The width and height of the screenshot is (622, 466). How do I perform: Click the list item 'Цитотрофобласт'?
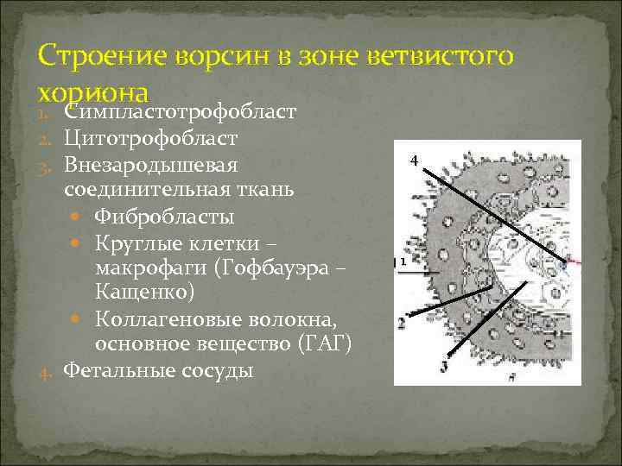(151, 138)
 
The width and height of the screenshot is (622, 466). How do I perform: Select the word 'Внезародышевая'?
(151, 163)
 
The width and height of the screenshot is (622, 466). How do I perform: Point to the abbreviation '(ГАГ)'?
(323, 344)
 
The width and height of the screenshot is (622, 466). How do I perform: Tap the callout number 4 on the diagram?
(414, 161)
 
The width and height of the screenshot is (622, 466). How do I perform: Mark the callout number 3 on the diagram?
(444, 366)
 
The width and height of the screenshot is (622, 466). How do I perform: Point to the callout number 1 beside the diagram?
(403, 261)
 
